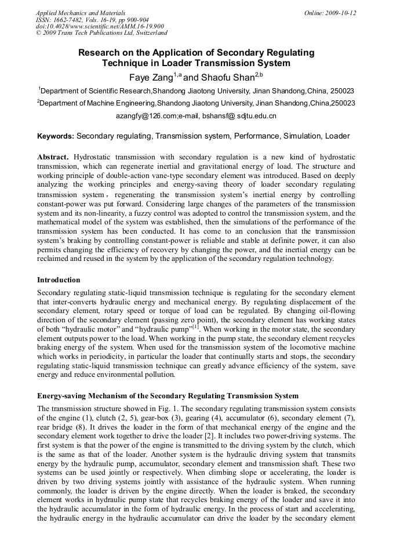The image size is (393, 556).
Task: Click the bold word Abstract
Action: [x=53, y=157]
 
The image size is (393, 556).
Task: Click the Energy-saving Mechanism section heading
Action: [x=168, y=395]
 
